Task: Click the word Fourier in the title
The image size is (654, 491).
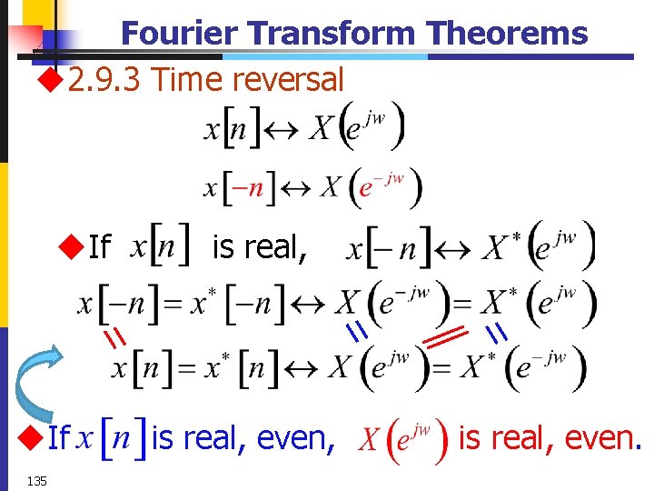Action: pyautogui.click(x=181, y=34)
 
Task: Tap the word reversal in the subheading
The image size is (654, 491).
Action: pyautogui.click(x=288, y=80)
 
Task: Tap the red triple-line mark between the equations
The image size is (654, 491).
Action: pyautogui.click(x=443, y=337)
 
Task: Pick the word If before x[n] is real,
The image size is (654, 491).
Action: pyautogui.click(x=100, y=246)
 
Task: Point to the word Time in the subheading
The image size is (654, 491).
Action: pyautogui.click(x=188, y=80)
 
